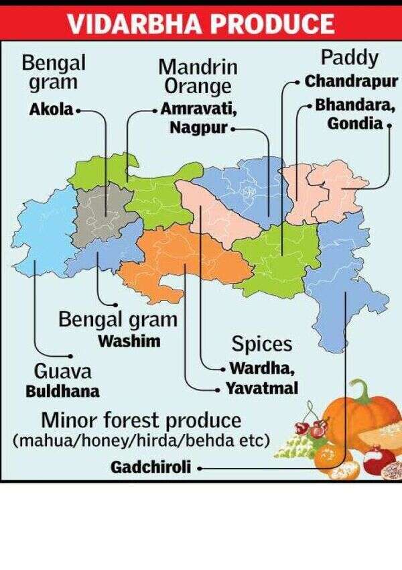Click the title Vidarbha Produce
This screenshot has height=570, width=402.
point(201,23)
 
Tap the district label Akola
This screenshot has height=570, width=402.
point(52,109)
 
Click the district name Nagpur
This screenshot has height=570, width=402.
point(198,127)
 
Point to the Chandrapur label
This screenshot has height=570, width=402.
point(352,81)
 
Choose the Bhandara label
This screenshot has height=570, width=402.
point(356,105)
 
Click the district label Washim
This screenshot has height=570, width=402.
point(129,341)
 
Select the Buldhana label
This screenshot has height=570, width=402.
point(62,391)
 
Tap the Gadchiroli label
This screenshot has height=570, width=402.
point(151,467)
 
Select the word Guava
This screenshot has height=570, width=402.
point(62,372)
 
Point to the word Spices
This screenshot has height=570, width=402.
point(262,344)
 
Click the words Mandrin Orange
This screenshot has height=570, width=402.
point(198,76)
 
